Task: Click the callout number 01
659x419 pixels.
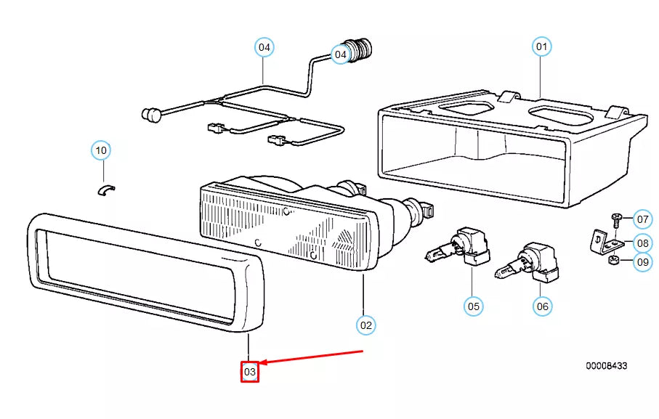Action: (542, 46)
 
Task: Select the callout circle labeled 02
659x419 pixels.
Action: (366, 325)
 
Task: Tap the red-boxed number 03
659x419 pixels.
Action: (250, 372)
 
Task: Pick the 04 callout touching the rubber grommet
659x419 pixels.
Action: (341, 54)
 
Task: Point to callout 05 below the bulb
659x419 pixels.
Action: (474, 306)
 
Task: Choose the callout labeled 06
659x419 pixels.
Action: (543, 306)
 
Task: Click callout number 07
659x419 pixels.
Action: (642, 219)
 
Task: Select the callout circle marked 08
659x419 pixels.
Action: (642, 243)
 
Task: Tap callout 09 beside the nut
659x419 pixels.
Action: (642, 262)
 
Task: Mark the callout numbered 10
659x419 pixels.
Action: (101, 150)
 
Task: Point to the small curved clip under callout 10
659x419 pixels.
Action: (106, 190)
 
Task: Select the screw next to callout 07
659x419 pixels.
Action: (615, 221)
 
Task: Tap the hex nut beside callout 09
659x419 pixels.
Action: (612, 260)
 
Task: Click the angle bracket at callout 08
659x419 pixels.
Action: (602, 243)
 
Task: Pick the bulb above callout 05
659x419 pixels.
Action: (458, 247)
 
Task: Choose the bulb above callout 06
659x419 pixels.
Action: (527, 262)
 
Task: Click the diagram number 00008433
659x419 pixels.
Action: (607, 366)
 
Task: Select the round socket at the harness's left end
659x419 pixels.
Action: (150, 114)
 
